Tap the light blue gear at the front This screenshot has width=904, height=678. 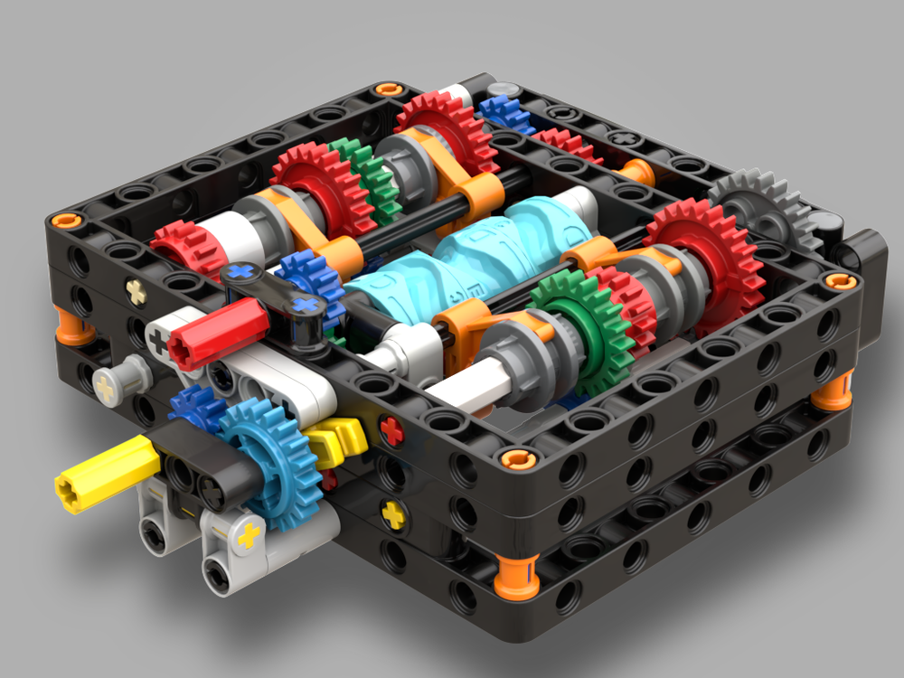(267, 452)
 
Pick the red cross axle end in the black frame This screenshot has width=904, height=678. (391, 431)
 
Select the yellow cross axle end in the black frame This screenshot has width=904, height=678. (393, 515)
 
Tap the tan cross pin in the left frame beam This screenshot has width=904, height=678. (137, 291)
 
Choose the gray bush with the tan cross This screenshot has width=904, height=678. (113, 381)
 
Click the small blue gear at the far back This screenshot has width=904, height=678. (507, 113)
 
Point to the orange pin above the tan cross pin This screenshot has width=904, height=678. (66, 220)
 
